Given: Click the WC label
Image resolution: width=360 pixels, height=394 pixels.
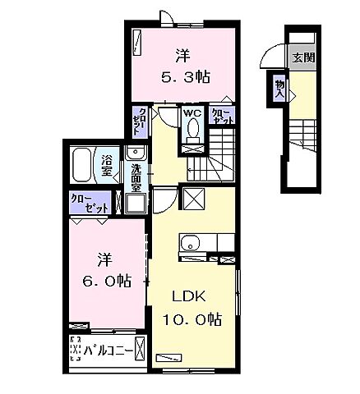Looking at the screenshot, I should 192,113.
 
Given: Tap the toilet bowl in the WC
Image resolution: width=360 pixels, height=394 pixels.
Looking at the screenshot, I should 193,130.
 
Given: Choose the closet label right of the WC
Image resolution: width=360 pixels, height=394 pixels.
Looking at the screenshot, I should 222,116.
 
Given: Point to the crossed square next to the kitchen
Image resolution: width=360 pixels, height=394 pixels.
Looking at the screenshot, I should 194,199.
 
